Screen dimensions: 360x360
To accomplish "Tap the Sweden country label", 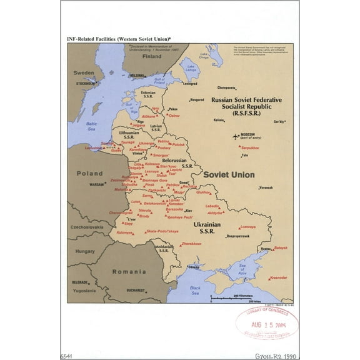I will coord(84,72).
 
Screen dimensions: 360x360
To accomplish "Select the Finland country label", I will coord(151,56).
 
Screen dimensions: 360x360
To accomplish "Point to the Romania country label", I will coord(129,271).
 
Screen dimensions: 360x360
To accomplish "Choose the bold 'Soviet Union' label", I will coord(229,174).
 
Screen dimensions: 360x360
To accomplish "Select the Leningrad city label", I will coord(190,82).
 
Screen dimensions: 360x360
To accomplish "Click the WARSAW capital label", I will coord(96,185).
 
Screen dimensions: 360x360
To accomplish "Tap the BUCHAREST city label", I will coord(135,290).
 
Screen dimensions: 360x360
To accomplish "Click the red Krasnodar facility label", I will coord(278,277).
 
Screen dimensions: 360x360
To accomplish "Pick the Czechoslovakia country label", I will coord(86,227).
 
